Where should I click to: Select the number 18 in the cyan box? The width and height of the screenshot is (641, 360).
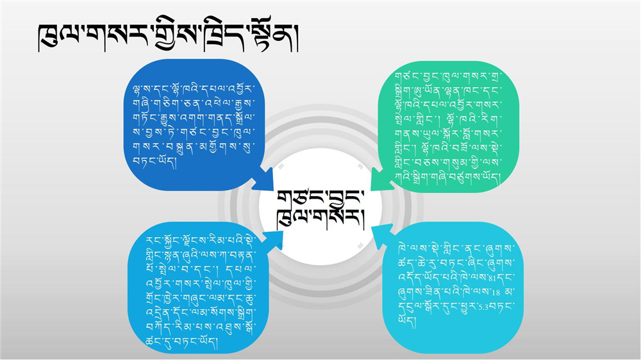click(x=495, y=292)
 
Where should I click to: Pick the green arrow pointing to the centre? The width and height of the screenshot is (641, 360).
click(x=382, y=179)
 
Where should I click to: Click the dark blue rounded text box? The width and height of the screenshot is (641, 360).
click(x=194, y=125)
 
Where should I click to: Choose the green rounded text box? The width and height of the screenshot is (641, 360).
click(x=449, y=127)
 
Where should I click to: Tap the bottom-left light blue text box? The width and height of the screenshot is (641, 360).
click(x=199, y=288)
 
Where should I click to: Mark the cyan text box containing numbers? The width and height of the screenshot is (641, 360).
click(x=453, y=288)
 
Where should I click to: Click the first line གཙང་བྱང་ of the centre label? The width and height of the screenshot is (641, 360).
click(x=320, y=200)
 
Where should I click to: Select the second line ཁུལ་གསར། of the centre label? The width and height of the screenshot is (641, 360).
click(x=320, y=220)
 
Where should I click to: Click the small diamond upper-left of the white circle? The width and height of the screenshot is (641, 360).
click(x=281, y=167)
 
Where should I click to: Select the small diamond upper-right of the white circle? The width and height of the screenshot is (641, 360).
click(x=360, y=167)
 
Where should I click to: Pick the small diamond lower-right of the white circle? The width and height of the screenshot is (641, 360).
click(x=360, y=245)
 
